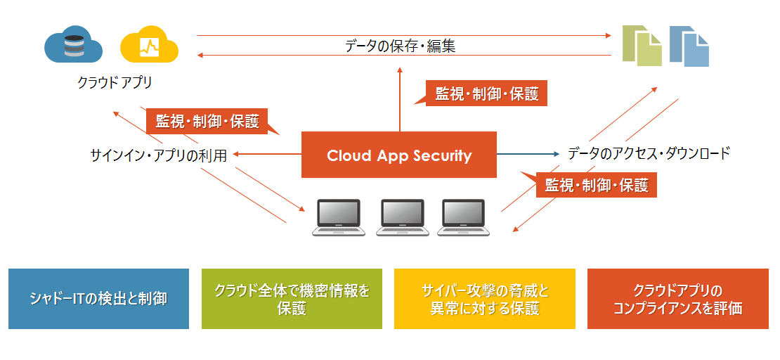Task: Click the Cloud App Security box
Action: pyautogui.click(x=399, y=155)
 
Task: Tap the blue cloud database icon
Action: pyautogui.click(x=73, y=46)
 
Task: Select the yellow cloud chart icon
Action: pyautogui.click(x=149, y=46)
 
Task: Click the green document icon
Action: pyautogui.click(x=642, y=46)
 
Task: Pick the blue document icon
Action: pyautogui.click(x=689, y=46)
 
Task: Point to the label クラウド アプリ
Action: pyautogui.click(x=115, y=83)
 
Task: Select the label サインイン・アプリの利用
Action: pyautogui.click(x=159, y=155)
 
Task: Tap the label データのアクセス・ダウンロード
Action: pyautogui.click(x=649, y=153)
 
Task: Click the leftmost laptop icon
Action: pyautogui.click(x=339, y=217)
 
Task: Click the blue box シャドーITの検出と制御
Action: pyautogui.click(x=99, y=299)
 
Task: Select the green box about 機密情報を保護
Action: pyautogui.click(x=292, y=299)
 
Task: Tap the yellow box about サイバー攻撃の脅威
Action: pyautogui.click(x=485, y=299)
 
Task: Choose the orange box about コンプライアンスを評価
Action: pyautogui.click(x=677, y=299)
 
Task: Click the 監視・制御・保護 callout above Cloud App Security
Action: pyautogui.click(x=486, y=94)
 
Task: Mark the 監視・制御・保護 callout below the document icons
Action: pyautogui.click(x=596, y=186)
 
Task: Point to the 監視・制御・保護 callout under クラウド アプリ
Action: pyautogui.click(x=207, y=121)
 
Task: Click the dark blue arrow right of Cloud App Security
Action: pyautogui.click(x=527, y=153)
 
